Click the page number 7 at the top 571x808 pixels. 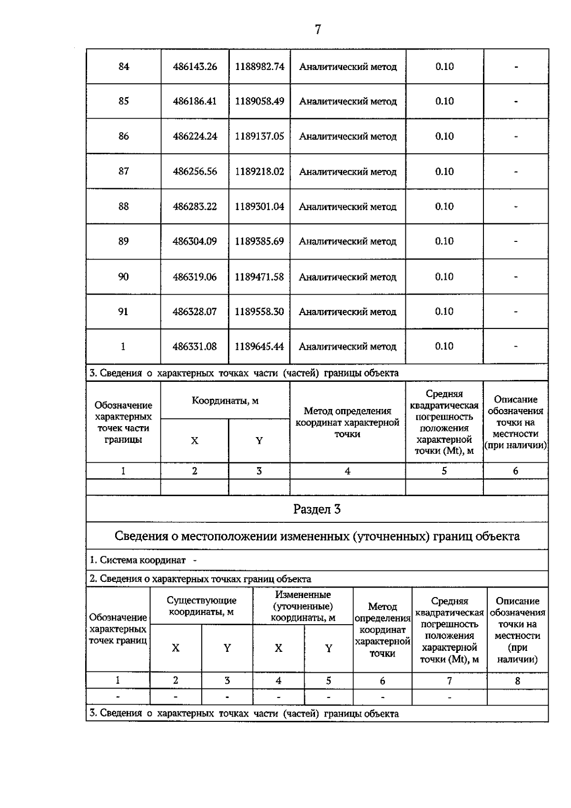pos(318,30)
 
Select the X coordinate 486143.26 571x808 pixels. pos(195,67)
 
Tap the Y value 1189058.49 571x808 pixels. pos(259,101)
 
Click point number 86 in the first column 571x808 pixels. pos(123,137)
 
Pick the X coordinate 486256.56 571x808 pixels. pos(195,171)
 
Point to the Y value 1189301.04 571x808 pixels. pos(259,207)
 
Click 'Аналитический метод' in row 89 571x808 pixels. pos(347,241)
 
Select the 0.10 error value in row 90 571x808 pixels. pos(444,277)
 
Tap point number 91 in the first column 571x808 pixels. pos(123,311)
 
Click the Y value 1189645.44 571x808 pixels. pos(259,347)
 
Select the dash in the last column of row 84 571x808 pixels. pos(516,67)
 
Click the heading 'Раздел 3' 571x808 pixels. pos(317,509)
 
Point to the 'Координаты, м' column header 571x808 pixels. pos(225,401)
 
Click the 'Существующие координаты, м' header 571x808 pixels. pos(201,607)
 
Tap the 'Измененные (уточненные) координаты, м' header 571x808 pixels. pos(303,606)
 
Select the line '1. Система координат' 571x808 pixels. pos(143,560)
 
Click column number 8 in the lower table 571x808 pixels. pos(517,681)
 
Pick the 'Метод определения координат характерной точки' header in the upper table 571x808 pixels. pos(347,422)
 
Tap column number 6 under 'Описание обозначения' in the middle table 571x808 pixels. pos(515,471)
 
